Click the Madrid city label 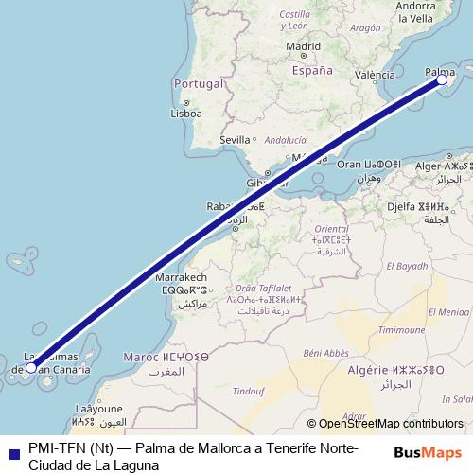pyautogui.click(x=303, y=45)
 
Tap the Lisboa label pyautogui.click(x=186, y=114)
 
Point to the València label pyautogui.click(x=375, y=74)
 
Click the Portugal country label pyautogui.click(x=197, y=84)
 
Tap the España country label pyautogui.click(x=312, y=70)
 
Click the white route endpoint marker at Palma pyautogui.click(x=442, y=80)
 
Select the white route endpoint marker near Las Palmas pyautogui.click(x=31, y=367)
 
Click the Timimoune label pyautogui.click(x=402, y=330)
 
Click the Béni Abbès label pyautogui.click(x=327, y=352)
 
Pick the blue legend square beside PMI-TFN pyautogui.click(x=12, y=454)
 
